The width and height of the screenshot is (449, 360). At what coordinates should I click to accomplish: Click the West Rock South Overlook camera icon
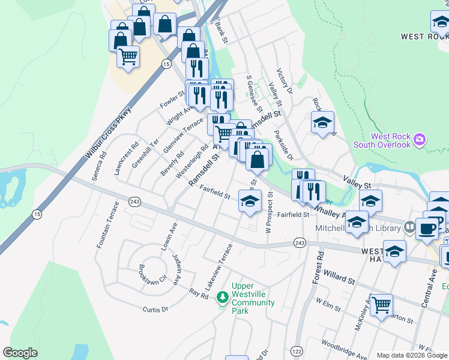coord(419,140)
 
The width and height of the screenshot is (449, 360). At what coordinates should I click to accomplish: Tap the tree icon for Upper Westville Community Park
coord(223,296)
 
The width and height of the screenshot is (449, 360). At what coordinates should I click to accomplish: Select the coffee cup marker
coord(427,229)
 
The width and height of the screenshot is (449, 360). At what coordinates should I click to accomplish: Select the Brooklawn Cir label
coord(134,275)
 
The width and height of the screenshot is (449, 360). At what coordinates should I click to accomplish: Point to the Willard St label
coord(340,277)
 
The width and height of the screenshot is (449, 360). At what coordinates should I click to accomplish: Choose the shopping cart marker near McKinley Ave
coord(381,305)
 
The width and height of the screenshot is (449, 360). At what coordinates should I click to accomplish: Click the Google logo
coord(20,353)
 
